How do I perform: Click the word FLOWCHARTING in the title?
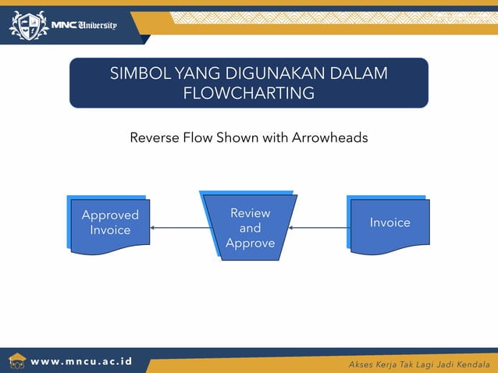point(248,94)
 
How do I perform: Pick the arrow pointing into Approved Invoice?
point(180,228)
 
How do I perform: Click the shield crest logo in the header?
point(28,25)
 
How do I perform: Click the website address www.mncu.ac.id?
point(81,362)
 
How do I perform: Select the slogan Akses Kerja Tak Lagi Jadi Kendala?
point(420,364)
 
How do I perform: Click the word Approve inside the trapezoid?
point(250,243)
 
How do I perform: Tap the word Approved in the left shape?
point(110,215)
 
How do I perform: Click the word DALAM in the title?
point(361,74)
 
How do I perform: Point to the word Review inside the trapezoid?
point(250,213)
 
